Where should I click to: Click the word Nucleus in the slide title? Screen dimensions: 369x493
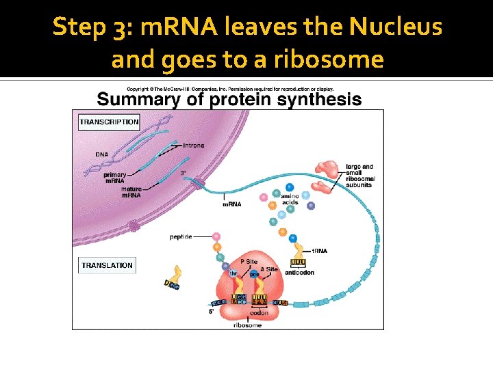(x=395, y=27)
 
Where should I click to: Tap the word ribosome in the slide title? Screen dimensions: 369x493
(x=328, y=59)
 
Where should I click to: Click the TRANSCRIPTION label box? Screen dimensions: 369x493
(x=110, y=122)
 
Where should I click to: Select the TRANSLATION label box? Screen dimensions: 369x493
(x=107, y=265)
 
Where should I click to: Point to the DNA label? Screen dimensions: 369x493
(x=101, y=154)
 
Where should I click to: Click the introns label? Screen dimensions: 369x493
(x=194, y=146)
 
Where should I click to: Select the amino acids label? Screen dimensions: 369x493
(x=290, y=199)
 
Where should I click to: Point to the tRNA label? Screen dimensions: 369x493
(x=319, y=251)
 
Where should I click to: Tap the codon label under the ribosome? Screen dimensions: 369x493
(x=259, y=313)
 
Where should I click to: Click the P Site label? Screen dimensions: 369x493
(x=249, y=262)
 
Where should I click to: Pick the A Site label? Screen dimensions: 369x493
(x=269, y=269)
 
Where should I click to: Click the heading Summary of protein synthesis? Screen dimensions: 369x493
(x=229, y=99)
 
